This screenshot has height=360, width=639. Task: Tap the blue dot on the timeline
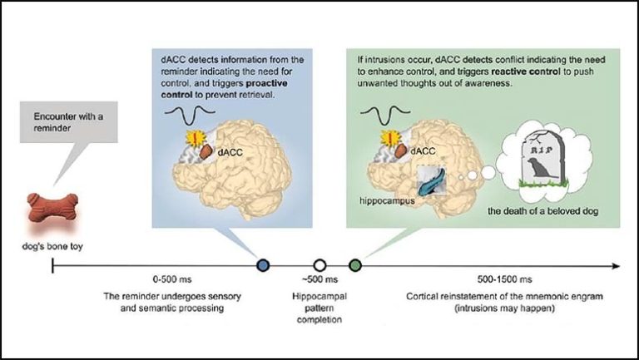pyautogui.click(x=264, y=265)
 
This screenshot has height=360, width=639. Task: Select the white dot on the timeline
pyautogui.click(x=319, y=265)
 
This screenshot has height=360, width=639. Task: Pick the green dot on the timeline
pyautogui.click(x=355, y=265)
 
